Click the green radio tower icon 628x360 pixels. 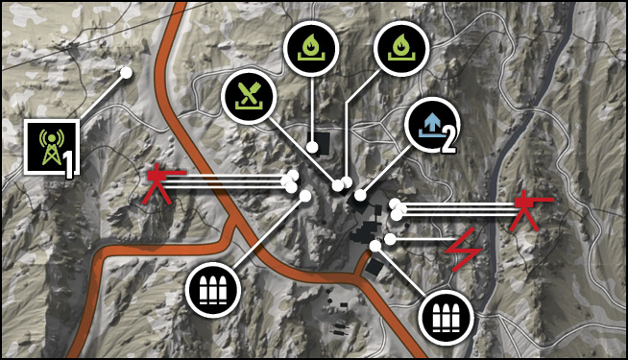pos(51,148)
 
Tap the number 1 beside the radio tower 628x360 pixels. pos(69,166)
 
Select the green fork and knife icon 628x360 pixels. pos(249,96)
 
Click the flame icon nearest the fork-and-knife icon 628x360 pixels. pos(311,49)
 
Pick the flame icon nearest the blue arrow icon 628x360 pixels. pos(401,49)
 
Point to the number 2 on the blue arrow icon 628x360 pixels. pos(448,142)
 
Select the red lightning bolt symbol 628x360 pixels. pos(465,250)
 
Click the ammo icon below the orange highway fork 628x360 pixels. pos(213,290)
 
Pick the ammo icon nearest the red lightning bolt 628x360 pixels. pos(446,317)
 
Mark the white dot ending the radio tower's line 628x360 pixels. pos(126,73)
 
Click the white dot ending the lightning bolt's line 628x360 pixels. pos(390,239)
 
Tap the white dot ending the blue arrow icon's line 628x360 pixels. pos(360,196)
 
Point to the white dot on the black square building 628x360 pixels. pos(312,148)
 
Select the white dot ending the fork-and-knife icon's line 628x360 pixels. pos(338,185)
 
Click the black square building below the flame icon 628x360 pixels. pos(322,142)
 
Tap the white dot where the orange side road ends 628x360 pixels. pos(375,246)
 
